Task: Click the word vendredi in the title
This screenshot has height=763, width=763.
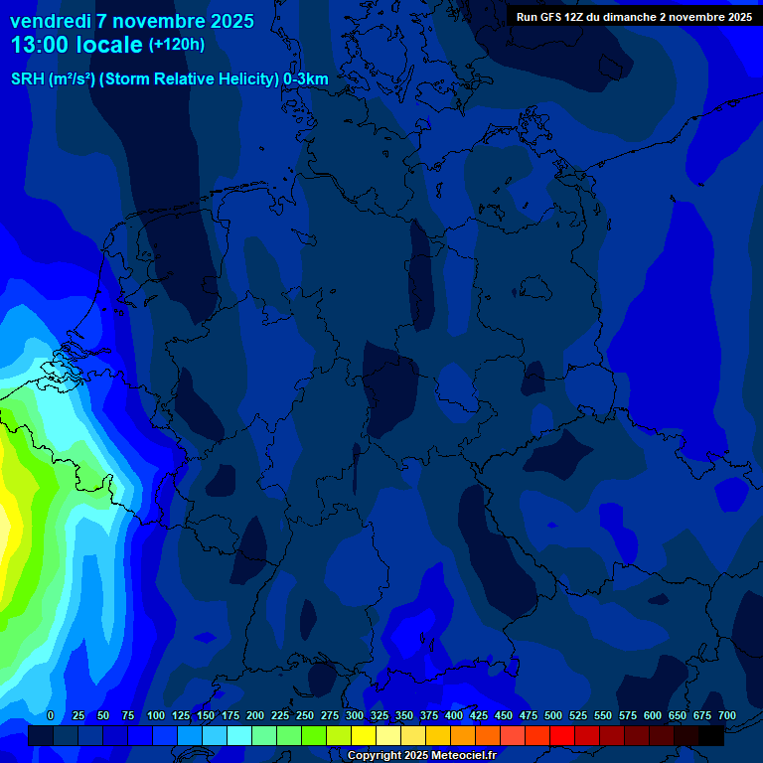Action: pyautogui.click(x=51, y=21)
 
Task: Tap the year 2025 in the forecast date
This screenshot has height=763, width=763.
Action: pyautogui.click(x=226, y=21)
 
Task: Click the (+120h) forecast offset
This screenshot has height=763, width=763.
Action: pyautogui.click(x=177, y=45)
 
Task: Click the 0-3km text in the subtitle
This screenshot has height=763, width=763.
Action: pyautogui.click(x=306, y=79)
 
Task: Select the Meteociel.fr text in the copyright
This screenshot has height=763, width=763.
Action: pyautogui.click(x=457, y=756)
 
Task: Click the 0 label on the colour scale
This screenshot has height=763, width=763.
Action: pyautogui.click(x=51, y=715)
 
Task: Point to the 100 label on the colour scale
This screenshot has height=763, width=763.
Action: pyautogui.click(x=156, y=715)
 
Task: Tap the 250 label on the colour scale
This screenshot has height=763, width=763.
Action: pyautogui.click(x=305, y=715)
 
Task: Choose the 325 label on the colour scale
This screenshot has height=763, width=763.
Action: pyautogui.click(x=380, y=715)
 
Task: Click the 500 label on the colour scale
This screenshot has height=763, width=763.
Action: pyautogui.click(x=553, y=715)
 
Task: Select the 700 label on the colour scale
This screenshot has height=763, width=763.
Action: pyautogui.click(x=727, y=715)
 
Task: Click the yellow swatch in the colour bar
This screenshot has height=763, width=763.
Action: pyautogui.click(x=364, y=735)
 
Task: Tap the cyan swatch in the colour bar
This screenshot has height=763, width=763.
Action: pyautogui.click(x=239, y=735)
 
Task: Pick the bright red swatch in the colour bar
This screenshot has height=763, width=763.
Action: pyautogui.click(x=562, y=735)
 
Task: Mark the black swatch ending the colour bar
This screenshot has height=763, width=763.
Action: pyautogui.click(x=711, y=735)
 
